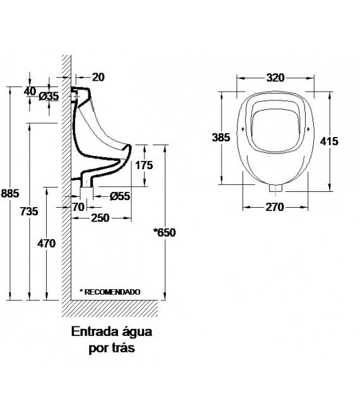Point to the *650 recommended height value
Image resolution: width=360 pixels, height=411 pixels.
[x=164, y=232]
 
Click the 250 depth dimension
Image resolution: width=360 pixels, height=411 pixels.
[x=100, y=218]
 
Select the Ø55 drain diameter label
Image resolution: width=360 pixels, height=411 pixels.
[x=119, y=196]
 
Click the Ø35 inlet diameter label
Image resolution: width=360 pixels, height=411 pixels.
[x=49, y=96]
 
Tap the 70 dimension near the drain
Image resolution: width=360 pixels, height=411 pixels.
[x=78, y=206]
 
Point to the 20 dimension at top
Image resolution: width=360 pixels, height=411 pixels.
[x=98, y=77]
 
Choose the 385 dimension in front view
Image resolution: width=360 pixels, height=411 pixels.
[x=222, y=136]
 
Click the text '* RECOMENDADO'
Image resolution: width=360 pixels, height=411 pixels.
[x=109, y=292]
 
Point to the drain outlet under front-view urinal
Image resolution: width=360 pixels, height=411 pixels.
[x=274, y=188]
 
